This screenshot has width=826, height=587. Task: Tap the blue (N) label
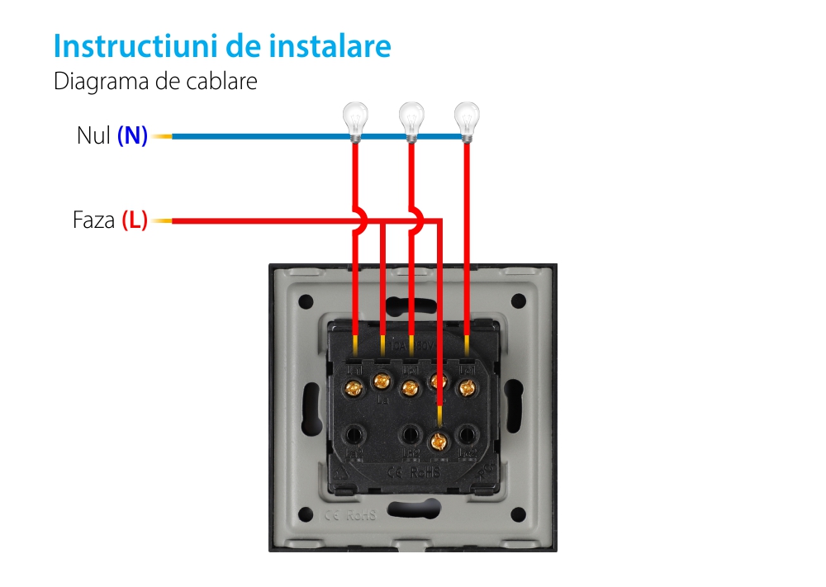click(x=132, y=136)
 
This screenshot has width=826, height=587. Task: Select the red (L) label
click(x=135, y=221)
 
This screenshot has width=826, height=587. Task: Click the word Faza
click(x=93, y=221)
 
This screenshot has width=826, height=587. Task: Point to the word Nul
click(x=93, y=136)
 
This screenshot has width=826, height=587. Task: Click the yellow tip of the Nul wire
click(x=162, y=136)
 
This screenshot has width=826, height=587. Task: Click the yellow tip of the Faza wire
click(x=162, y=221)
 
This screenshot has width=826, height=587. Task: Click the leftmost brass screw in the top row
click(x=355, y=386)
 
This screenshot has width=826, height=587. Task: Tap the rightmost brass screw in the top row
click(x=468, y=386)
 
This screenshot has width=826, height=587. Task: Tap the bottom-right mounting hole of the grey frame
click(x=518, y=515)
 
